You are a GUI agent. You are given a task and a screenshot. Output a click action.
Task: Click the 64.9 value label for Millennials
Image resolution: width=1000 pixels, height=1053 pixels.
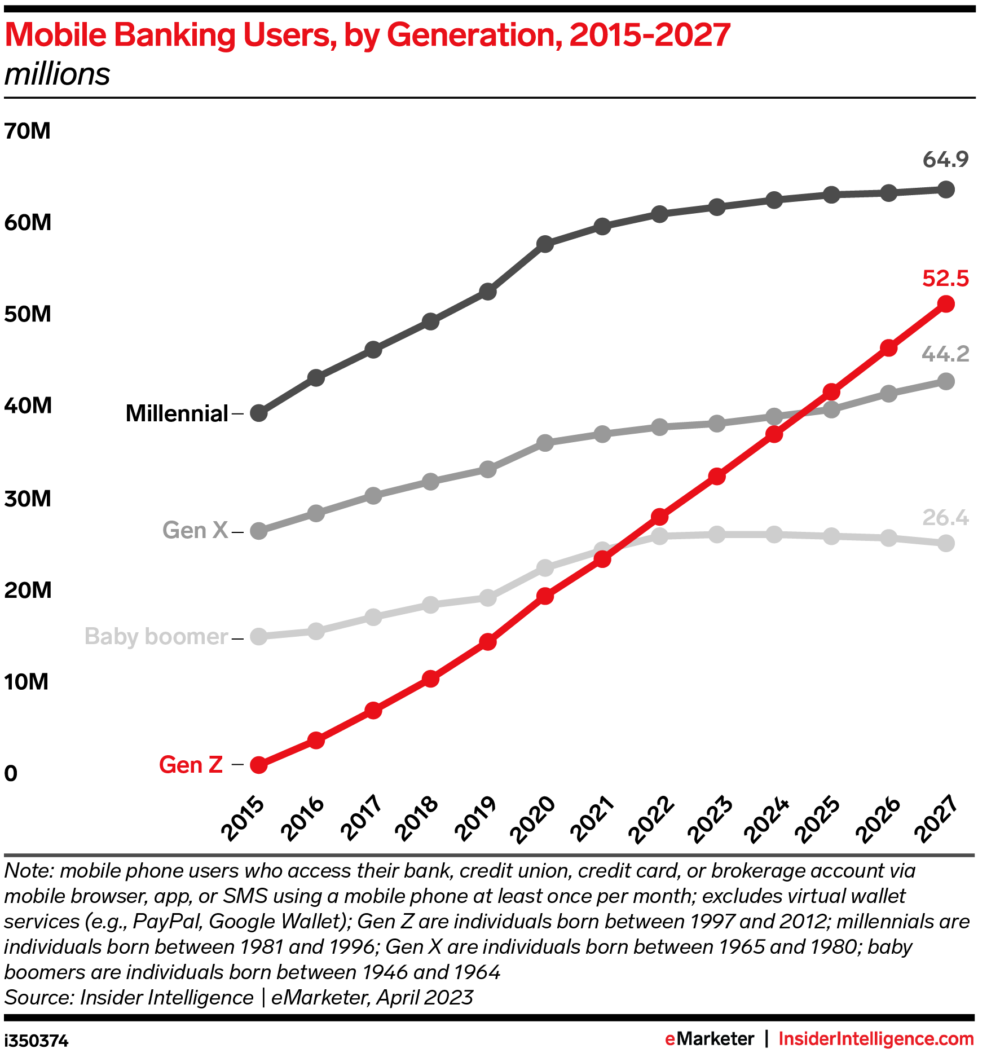tap(945, 160)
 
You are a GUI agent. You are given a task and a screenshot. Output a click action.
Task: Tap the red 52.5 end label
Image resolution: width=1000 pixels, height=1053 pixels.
tap(945, 279)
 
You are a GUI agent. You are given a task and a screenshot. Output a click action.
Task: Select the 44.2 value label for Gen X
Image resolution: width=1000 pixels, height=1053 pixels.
tap(945, 354)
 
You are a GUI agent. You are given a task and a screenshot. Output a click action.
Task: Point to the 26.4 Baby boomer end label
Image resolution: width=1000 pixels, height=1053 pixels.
tap(945, 517)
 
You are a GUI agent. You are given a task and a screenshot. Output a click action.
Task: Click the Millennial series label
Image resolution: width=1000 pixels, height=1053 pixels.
tap(177, 413)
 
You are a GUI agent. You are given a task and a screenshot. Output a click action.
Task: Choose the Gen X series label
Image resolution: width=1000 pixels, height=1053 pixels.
tap(195, 530)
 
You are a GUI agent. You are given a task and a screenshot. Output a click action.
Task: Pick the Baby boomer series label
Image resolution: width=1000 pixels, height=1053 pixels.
tap(156, 636)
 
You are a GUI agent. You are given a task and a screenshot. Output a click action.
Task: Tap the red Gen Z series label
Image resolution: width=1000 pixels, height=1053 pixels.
tap(191, 765)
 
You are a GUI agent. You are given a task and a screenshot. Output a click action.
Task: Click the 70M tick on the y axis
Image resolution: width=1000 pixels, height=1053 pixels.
tap(27, 131)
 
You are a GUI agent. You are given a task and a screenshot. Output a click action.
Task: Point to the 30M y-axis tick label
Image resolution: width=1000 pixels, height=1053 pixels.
tap(27, 499)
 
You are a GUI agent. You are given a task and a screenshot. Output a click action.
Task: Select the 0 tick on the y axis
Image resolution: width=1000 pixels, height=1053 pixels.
tap(11, 773)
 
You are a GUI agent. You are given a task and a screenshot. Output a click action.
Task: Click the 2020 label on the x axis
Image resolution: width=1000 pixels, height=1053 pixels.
tap(532, 819)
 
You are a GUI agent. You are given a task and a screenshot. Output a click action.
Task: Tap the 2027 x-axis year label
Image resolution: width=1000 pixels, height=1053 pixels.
tap(936, 819)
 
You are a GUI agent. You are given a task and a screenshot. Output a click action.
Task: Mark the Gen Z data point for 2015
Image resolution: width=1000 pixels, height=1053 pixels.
tap(258, 765)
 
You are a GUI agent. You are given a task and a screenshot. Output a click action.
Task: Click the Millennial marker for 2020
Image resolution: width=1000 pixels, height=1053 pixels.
tap(545, 244)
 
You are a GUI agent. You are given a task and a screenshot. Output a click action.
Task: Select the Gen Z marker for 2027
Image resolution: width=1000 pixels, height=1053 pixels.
tap(946, 304)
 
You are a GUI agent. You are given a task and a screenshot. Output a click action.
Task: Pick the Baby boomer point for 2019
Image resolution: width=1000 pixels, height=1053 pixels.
tap(488, 597)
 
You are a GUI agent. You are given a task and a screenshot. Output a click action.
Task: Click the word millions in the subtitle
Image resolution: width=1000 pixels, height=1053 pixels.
tap(57, 74)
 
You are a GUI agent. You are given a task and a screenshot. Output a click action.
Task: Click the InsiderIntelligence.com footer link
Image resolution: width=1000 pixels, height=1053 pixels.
tap(876, 1039)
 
